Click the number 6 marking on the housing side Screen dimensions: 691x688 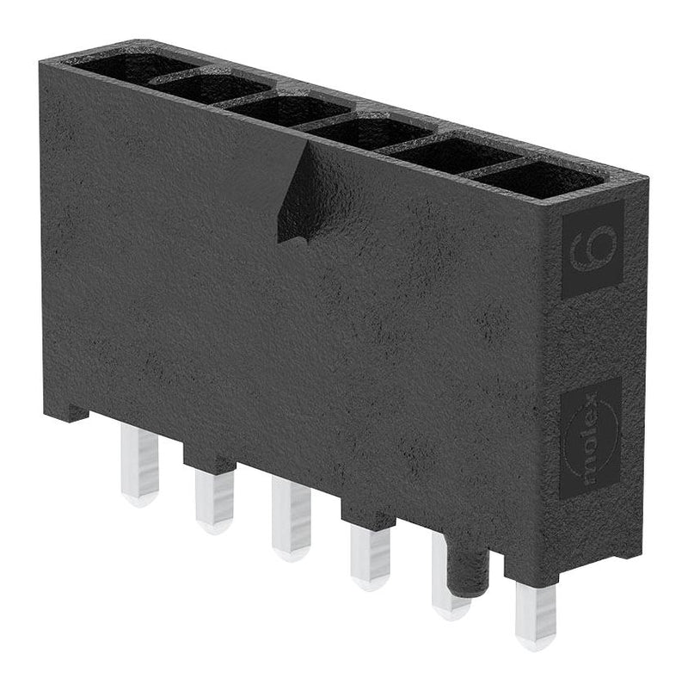coord(592,249)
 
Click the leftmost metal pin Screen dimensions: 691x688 coord(139,465)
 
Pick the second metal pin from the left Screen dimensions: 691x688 coord(214,499)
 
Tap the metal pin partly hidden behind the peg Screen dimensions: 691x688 coord(444,577)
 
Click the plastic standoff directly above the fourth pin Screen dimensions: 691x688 coord(368,516)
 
